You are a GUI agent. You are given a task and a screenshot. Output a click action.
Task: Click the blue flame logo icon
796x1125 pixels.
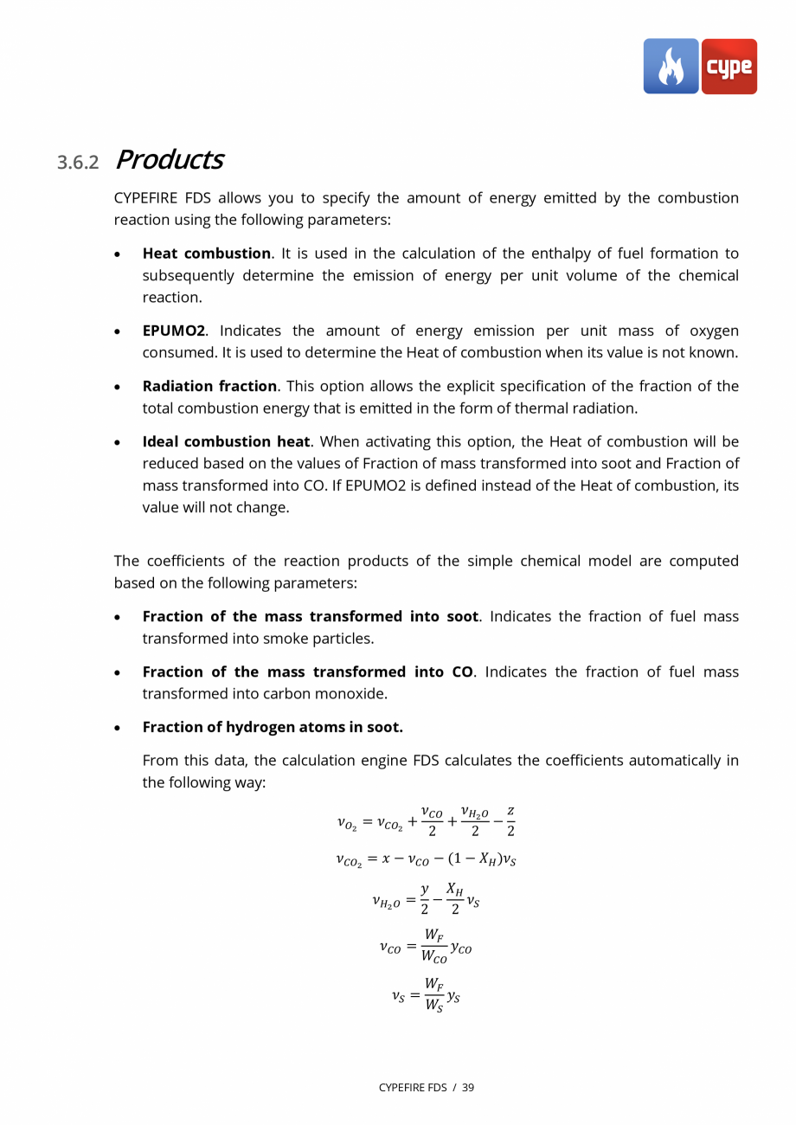tap(671, 67)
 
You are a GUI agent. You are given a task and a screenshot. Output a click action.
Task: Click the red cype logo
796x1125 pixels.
tap(729, 67)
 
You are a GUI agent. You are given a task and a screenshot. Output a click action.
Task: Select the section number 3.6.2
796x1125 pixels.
tap(79, 163)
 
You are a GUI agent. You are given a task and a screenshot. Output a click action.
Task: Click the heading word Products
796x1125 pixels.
tap(169, 160)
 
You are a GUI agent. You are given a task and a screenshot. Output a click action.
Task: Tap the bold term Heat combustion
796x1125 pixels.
tap(206, 254)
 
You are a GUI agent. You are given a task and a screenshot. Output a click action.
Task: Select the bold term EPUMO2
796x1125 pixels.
tap(173, 331)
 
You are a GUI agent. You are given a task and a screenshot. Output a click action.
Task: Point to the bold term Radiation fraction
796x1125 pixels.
tap(209, 386)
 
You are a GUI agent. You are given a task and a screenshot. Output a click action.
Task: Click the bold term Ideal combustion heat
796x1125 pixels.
tap(226, 441)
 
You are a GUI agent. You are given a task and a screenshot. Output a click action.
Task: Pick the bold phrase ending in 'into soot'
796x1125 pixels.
tap(310, 616)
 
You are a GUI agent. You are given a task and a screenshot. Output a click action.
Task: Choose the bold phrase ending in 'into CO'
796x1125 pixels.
tap(307, 672)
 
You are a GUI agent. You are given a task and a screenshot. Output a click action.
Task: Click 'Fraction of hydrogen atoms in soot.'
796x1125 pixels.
tap(273, 727)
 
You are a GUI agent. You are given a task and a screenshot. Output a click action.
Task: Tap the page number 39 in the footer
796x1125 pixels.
tap(468, 1087)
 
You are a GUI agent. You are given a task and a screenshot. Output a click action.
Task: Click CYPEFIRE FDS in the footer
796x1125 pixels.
tap(413, 1087)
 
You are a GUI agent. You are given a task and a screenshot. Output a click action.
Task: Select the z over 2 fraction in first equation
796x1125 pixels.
tap(510, 821)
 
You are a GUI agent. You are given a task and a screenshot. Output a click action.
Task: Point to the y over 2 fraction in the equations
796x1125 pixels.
tap(425, 898)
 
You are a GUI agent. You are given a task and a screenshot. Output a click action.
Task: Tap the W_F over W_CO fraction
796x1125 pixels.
tap(434, 946)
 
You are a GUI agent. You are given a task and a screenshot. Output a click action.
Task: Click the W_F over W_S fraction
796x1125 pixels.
tap(433, 996)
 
